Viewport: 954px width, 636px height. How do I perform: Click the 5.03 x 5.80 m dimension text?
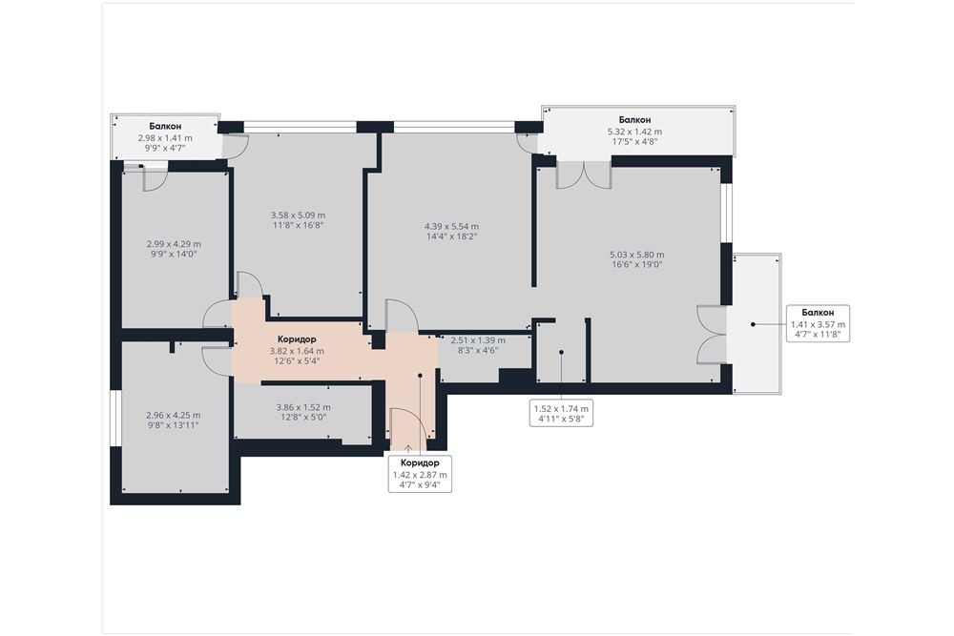(637, 255)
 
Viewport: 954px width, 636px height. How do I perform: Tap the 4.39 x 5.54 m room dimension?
(451, 227)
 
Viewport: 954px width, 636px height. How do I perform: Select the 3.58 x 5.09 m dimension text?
(298, 215)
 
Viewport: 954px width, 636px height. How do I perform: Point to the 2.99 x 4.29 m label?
(174, 244)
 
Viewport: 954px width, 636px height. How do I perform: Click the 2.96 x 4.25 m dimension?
(174, 416)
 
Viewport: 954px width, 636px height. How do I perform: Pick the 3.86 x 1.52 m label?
(303, 407)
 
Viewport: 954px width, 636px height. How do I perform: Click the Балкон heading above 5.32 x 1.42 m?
(635, 120)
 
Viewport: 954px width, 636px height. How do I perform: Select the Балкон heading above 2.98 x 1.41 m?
(165, 127)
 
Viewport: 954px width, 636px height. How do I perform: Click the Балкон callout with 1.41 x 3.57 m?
(818, 323)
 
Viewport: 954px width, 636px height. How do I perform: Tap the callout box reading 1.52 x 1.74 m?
(561, 414)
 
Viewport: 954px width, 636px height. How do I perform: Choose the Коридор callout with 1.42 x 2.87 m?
(421, 473)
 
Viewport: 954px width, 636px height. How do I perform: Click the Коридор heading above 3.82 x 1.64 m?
(297, 339)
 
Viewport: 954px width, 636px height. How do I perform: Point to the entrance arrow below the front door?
(407, 449)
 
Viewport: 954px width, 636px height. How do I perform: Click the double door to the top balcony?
(584, 175)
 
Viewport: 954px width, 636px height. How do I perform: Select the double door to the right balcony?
(711, 335)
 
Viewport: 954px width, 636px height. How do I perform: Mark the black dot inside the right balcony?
(753, 325)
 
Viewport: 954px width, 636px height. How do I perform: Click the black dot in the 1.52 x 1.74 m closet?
(561, 352)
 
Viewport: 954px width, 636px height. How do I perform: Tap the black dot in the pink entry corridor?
(420, 376)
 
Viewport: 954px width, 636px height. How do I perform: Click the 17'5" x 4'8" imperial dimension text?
(635, 142)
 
